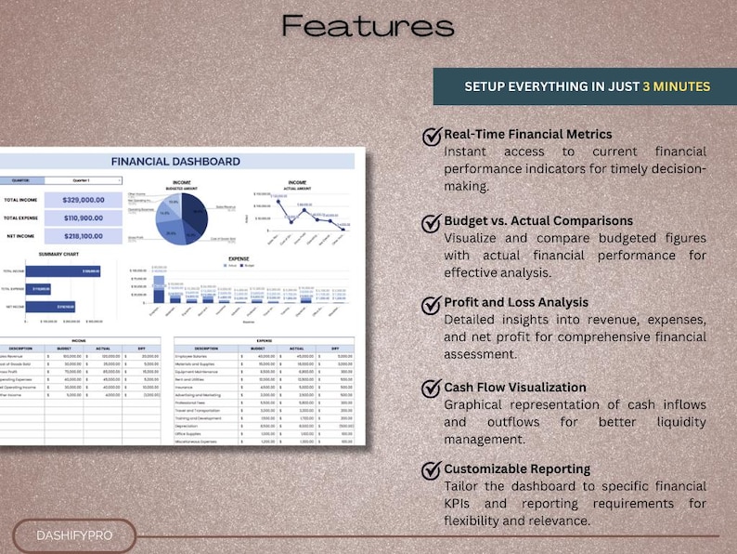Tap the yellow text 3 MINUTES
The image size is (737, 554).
[x=676, y=86]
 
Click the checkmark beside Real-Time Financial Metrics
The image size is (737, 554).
[x=432, y=137]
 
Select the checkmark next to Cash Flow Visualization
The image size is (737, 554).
[x=432, y=389]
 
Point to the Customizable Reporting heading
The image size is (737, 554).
[x=517, y=468]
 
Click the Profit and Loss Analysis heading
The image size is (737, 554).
[x=516, y=302]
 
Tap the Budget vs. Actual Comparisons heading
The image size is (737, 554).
[x=538, y=221]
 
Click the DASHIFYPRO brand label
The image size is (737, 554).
[x=73, y=535]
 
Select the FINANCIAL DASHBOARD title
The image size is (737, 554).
[x=175, y=161]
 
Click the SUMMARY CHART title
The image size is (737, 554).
[x=58, y=254]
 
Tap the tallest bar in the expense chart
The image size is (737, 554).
[x=159, y=289]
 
